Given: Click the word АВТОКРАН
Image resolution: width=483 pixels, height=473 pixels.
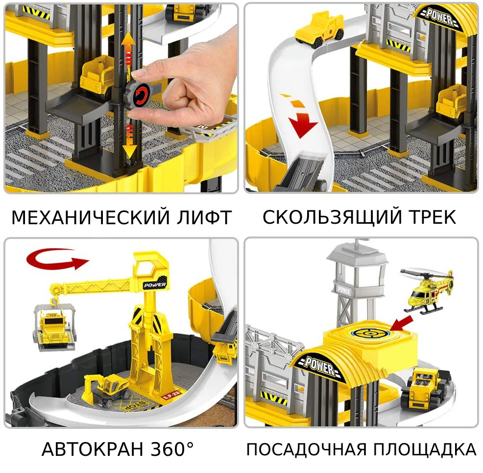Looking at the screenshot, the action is pos(93,449).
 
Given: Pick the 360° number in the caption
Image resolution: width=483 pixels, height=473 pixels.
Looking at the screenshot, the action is pos(172,449).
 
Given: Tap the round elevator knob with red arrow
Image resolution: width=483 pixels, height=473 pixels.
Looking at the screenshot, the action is pos(139,94).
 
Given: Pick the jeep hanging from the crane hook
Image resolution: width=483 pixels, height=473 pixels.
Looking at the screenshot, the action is pos(54,328).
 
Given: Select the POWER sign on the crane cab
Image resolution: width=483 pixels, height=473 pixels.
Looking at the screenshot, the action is pos(155,285).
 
